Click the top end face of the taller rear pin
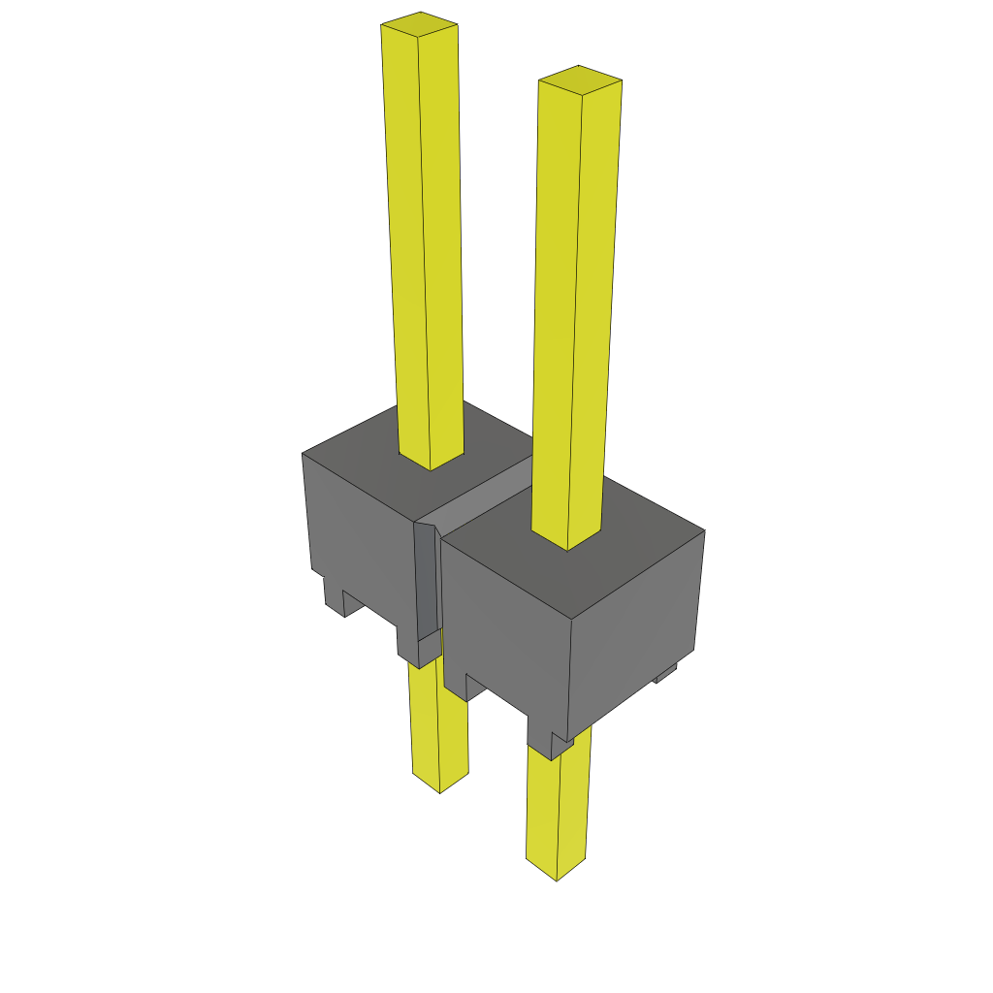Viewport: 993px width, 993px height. coord(419,24)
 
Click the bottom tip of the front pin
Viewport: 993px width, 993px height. coord(556,872)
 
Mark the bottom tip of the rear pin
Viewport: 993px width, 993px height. coord(440,785)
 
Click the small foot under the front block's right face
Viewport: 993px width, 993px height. coord(665,672)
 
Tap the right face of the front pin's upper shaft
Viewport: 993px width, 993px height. coord(596,310)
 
